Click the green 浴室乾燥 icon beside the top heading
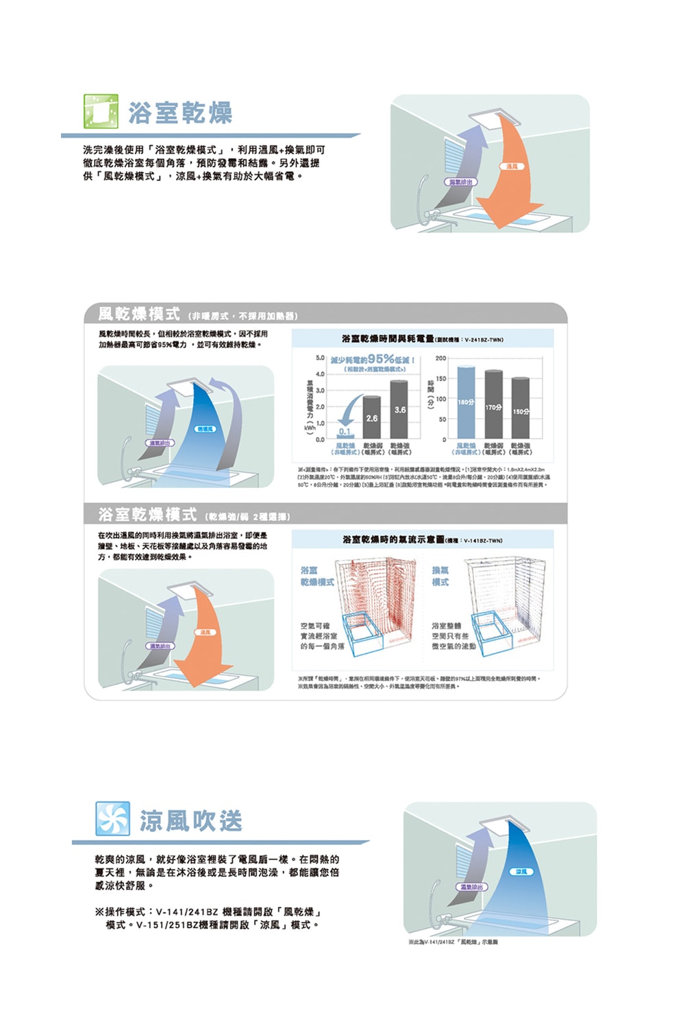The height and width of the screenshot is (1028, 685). point(101,112)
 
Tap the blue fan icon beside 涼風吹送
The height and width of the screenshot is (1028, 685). point(112,819)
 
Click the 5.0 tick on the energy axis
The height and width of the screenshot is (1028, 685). point(320,358)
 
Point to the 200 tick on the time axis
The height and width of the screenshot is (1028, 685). point(440,358)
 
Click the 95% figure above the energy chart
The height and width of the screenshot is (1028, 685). point(381,359)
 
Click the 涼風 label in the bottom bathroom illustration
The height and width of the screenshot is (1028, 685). point(521,872)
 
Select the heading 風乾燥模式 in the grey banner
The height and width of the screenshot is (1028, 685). point(138,314)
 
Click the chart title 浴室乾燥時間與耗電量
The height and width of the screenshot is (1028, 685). point(388,339)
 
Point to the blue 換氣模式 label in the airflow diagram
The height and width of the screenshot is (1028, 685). point(440,576)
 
